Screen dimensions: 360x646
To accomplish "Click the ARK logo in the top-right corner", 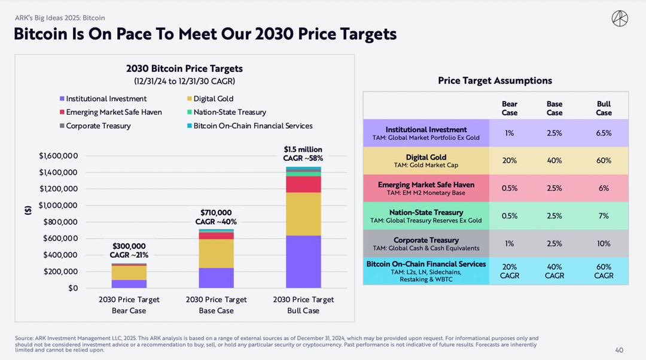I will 620,19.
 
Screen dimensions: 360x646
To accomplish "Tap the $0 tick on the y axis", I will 72,288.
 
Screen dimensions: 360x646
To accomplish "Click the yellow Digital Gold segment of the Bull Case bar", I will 303,213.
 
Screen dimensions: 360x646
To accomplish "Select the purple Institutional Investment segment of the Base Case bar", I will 216,277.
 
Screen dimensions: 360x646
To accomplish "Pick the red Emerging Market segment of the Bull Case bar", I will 303,184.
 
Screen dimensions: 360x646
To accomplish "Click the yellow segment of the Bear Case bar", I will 129,272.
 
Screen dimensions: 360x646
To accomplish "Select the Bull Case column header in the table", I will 604,108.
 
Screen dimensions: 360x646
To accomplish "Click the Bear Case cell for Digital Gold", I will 509,161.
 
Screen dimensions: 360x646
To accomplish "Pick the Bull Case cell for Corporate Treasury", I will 604,243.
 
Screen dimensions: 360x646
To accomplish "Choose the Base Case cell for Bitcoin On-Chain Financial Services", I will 554,271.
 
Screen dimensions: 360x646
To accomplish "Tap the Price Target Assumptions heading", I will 495,81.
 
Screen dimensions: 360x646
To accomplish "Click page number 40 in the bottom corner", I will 619,350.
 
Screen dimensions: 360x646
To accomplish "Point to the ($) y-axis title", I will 28,210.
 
